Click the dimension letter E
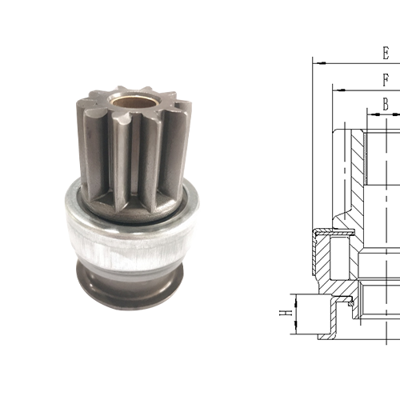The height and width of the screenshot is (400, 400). pos(386,54)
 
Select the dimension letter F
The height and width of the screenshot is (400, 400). pos(386,80)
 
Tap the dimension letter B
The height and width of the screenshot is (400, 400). pos(386,104)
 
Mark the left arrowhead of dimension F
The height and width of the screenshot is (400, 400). pos(335,89)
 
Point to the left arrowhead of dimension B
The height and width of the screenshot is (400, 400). pos(370,113)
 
